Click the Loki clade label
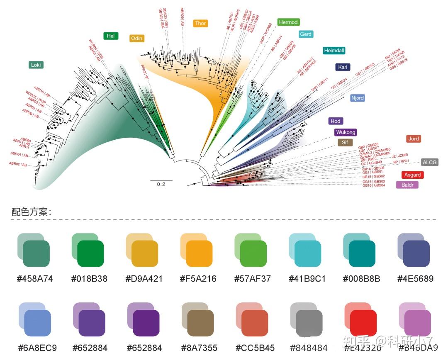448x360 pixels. (x=36, y=65)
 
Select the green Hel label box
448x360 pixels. (x=110, y=36)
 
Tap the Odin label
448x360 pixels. (x=136, y=38)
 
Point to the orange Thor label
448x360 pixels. (x=200, y=23)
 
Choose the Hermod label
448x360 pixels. (x=288, y=22)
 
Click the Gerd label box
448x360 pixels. (x=306, y=34)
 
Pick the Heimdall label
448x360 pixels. (x=334, y=51)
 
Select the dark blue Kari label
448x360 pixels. (x=343, y=67)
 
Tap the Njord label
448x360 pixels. (x=357, y=98)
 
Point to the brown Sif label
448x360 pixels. (x=345, y=143)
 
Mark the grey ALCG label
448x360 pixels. (x=429, y=162)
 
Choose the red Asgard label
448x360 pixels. (x=412, y=175)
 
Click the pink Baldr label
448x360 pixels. (x=407, y=185)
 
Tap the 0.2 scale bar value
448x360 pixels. (x=161, y=184)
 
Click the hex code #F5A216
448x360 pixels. (x=198, y=279)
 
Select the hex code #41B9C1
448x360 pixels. (x=307, y=279)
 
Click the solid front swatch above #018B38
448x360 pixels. (x=90, y=253)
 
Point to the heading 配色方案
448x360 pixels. (x=31, y=212)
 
